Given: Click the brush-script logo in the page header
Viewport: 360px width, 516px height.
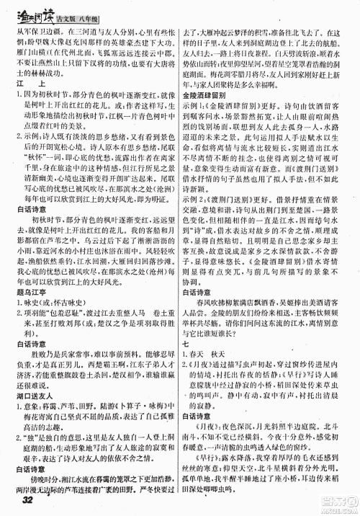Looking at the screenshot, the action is pyautogui.click(x=35, y=11).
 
